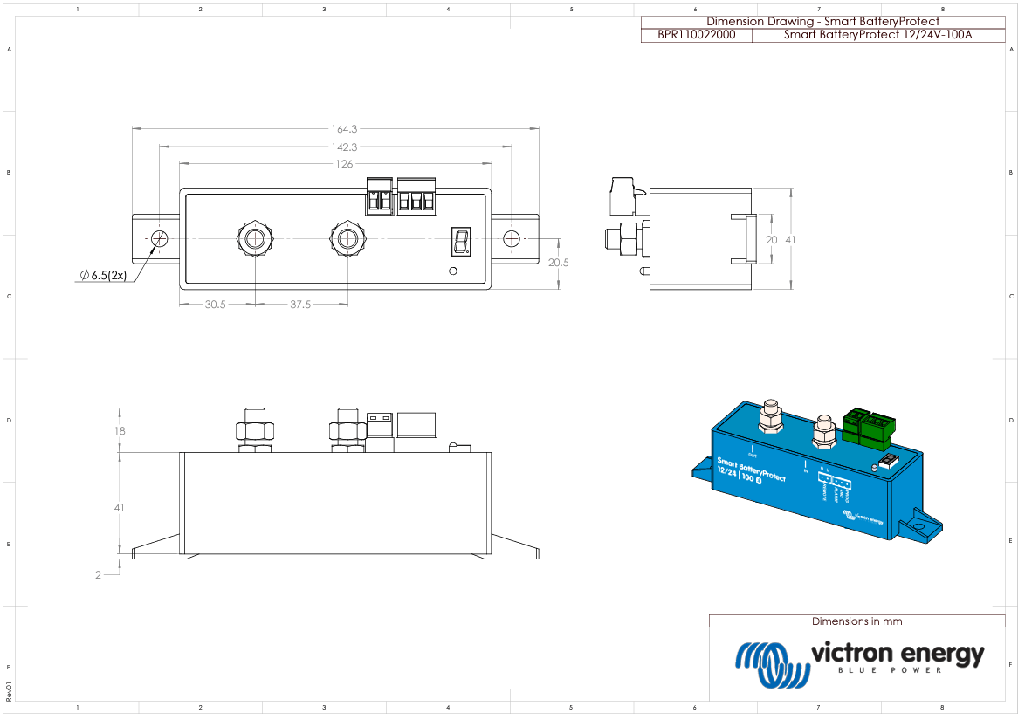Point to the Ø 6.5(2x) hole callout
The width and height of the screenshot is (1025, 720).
(103, 275)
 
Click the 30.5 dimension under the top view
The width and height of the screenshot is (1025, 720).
(216, 305)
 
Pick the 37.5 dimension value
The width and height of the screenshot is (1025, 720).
(300, 305)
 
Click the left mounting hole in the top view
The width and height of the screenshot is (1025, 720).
(160, 238)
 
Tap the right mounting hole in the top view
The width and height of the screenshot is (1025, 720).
(511, 238)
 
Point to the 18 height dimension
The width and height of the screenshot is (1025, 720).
(120, 430)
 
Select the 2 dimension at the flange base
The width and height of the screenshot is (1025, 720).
(98, 574)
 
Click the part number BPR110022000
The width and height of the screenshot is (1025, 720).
(696, 35)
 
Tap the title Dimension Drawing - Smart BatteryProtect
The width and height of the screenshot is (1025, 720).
(822, 21)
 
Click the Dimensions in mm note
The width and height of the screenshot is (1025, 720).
(856, 621)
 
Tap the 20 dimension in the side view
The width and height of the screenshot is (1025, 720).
(771, 239)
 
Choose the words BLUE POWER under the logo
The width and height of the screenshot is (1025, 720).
(890, 670)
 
